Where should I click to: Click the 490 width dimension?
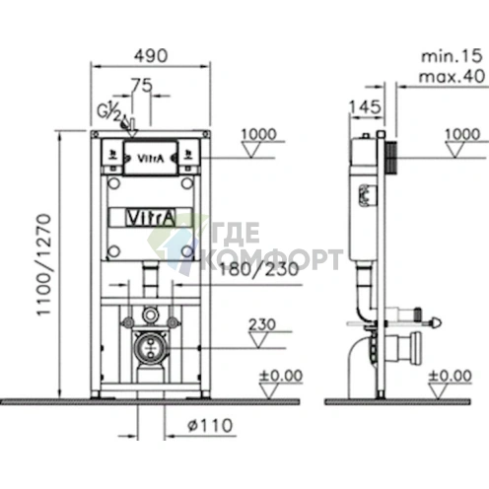click(x=151, y=56)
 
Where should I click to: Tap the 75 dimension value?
click(x=142, y=86)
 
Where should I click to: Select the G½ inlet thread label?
click(x=108, y=111)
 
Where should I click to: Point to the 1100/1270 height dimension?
click(x=44, y=265)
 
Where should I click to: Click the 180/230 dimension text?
click(x=259, y=269)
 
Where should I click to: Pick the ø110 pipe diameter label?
click(x=210, y=426)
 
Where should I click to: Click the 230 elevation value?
click(x=262, y=324)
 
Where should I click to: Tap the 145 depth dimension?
click(x=365, y=107)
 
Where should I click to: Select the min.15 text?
click(x=452, y=56)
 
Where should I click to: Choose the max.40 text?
click(x=452, y=77)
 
